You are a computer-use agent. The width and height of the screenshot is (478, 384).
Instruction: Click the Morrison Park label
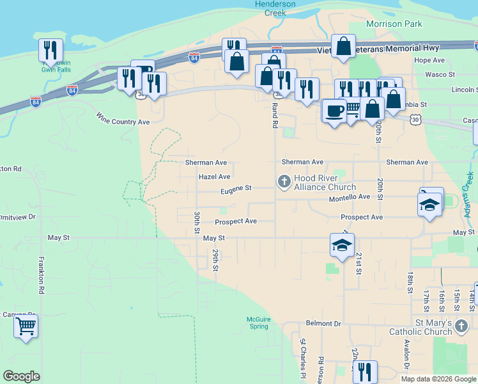click(394, 24)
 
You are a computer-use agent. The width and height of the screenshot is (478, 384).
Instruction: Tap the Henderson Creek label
click(275, 8)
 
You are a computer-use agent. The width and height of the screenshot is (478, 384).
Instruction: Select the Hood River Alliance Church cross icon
click(284, 182)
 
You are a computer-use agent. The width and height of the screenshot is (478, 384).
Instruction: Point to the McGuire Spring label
click(258, 323)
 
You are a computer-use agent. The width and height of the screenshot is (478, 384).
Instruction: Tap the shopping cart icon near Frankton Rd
click(26, 326)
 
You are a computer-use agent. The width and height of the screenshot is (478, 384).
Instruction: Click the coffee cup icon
click(334, 111)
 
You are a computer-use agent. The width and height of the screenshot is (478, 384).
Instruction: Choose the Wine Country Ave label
click(123, 118)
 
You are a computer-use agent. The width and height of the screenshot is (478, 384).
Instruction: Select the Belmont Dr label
click(323, 324)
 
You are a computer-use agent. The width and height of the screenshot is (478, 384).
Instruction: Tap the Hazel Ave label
click(214, 177)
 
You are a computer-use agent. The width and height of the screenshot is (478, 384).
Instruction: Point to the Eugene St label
click(236, 189)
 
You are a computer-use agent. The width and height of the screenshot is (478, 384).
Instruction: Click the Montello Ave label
click(350, 198)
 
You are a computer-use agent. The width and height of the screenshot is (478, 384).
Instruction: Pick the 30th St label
click(197, 221)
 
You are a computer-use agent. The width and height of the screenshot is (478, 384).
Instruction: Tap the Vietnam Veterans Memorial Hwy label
click(378, 49)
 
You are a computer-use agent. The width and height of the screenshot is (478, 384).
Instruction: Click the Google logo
click(22, 376)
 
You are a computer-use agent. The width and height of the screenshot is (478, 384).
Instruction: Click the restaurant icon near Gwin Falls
click(50, 51)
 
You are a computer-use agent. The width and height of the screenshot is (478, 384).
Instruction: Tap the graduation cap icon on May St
click(342, 244)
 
